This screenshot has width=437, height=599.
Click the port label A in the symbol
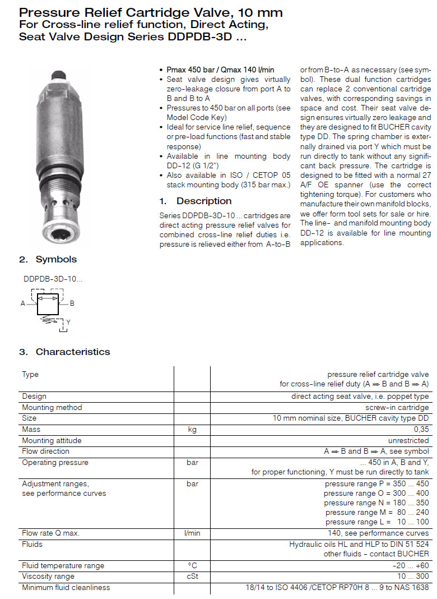click(x=23, y=303)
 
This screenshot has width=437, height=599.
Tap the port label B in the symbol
click(x=72, y=303)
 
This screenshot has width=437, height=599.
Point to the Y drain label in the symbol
click(x=68, y=322)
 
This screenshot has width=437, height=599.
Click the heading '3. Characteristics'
click(x=64, y=352)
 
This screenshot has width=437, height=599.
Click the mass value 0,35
click(x=422, y=430)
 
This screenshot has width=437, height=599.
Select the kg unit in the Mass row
click(x=192, y=430)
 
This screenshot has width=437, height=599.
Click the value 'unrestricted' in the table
click(x=408, y=441)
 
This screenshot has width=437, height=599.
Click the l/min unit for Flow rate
click(x=192, y=533)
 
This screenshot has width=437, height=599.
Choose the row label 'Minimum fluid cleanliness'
click(x=66, y=588)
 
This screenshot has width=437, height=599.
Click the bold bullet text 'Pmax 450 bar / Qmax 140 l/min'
click(x=220, y=70)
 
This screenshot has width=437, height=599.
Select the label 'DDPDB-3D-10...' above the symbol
click(x=53, y=279)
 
